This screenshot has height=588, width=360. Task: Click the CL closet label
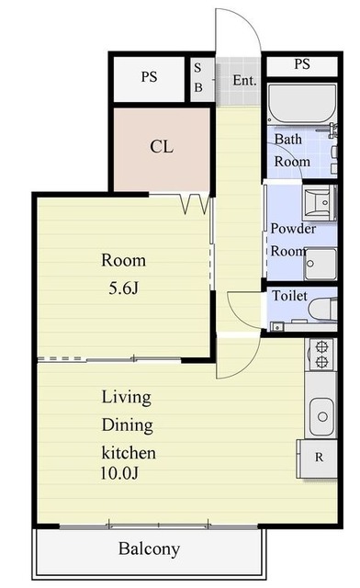click(162, 147)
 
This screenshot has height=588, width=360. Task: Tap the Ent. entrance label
click(244, 80)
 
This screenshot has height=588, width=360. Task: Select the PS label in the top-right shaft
click(302, 63)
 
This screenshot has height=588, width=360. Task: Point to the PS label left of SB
click(149, 77)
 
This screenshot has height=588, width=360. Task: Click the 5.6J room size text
click(124, 288)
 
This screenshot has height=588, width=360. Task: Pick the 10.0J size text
click(119, 473)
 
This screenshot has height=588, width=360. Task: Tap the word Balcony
click(149, 549)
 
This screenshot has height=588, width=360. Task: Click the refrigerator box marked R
click(317, 458)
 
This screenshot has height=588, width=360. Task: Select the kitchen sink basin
click(321, 416)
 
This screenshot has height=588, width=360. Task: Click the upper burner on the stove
click(321, 347)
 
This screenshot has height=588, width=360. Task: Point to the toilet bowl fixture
click(322, 310)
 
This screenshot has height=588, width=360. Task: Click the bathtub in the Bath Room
click(302, 104)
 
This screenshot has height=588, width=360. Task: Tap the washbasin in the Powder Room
click(319, 203)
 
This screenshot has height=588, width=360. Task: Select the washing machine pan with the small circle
click(320, 264)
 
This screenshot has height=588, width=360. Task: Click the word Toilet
click(290, 296)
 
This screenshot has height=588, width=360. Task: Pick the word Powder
click(293, 229)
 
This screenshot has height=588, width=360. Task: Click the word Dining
click(128, 425)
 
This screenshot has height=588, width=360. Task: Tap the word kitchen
click(129, 453)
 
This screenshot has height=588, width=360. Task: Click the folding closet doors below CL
click(195, 204)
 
